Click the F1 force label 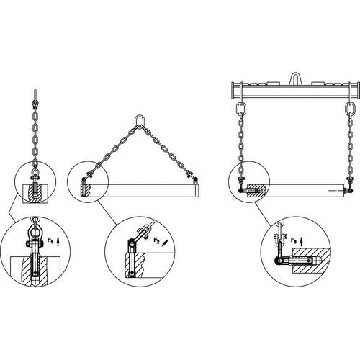(x=50, y=240)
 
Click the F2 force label (x=156, y=240)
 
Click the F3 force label (x=294, y=240)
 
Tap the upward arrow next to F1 (x=58, y=241)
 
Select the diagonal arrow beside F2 (x=164, y=243)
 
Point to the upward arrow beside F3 (x=302, y=241)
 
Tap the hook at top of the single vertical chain (x=35, y=99)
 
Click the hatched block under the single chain (x=35, y=194)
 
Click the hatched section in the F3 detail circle (x=311, y=261)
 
